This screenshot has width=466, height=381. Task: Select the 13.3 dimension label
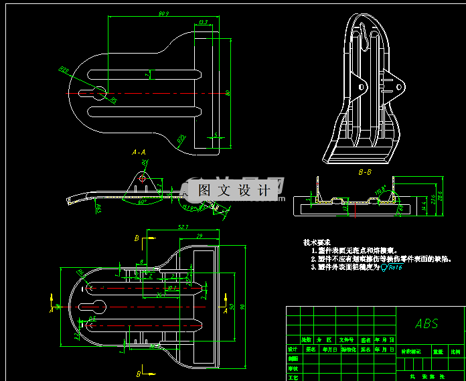click(204, 22)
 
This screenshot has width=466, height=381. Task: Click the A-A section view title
click(139, 153)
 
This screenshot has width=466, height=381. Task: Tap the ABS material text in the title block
click(426, 324)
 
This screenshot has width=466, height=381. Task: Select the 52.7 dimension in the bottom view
click(183, 228)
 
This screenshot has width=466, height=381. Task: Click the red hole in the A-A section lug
click(143, 178)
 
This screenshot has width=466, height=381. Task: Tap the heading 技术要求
click(317, 242)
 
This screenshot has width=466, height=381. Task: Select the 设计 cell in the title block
click(293, 349)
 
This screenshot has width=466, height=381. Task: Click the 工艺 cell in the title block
click(293, 377)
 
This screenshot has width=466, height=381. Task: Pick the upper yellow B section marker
click(137, 238)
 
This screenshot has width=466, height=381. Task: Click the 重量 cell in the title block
click(438, 350)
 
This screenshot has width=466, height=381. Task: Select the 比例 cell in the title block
click(456, 350)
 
